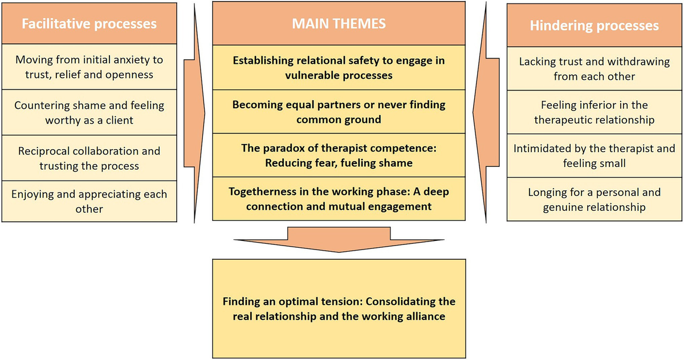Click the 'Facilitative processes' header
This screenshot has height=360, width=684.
(x=89, y=23)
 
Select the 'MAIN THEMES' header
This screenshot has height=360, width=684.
(x=339, y=23)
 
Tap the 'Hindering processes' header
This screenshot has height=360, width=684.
(x=594, y=25)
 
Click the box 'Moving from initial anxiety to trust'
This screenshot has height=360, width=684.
(x=89, y=67)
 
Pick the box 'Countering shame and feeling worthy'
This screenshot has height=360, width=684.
(x=89, y=113)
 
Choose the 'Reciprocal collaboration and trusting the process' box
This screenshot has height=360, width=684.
(x=89, y=158)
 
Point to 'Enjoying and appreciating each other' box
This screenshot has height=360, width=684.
(x=89, y=201)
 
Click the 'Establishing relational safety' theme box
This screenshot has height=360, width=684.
(x=339, y=67)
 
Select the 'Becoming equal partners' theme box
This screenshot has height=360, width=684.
(x=339, y=112)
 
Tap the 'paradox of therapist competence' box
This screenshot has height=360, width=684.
(x=339, y=156)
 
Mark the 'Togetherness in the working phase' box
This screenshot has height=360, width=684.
(x=339, y=199)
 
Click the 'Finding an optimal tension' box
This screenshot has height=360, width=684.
(x=339, y=308)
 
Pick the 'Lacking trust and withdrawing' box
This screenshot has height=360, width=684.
(x=594, y=69)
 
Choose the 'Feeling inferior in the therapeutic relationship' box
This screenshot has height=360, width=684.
(x=594, y=112)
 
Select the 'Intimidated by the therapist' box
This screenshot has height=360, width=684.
(x=594, y=156)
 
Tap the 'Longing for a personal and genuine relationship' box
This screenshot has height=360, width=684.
(x=594, y=199)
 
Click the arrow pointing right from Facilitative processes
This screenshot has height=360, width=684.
(x=194, y=113)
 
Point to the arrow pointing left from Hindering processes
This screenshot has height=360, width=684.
(x=486, y=112)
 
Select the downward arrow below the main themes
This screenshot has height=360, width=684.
(x=339, y=239)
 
